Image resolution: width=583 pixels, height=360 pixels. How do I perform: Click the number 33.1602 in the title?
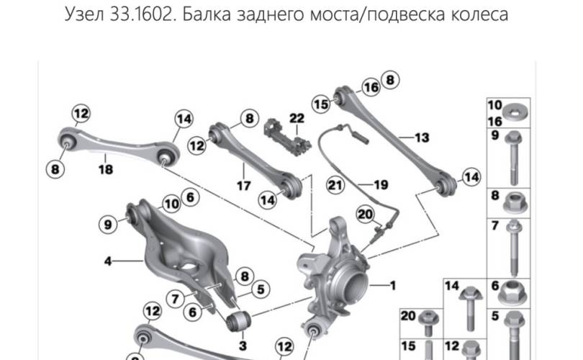[141, 14]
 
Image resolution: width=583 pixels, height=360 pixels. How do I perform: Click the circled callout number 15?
[321, 104]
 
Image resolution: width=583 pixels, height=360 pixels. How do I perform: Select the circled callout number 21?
[335, 185]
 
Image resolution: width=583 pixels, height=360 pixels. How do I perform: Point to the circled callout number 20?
[365, 215]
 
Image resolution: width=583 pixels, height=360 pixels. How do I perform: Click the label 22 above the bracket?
[297, 118]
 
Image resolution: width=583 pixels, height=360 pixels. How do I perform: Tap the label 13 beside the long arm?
[422, 138]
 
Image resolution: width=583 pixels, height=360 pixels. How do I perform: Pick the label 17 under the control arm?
[244, 185]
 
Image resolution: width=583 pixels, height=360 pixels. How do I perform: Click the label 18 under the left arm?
[106, 169]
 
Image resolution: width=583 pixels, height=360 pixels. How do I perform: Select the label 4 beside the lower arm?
[108, 261]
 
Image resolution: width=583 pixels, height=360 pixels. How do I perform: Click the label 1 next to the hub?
[393, 286]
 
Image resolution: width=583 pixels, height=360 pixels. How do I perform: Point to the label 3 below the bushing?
[243, 346]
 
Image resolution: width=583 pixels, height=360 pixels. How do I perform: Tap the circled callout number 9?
[108, 224]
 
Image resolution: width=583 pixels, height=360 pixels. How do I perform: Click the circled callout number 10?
[171, 204]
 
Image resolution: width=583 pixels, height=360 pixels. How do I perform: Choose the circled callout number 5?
[261, 289]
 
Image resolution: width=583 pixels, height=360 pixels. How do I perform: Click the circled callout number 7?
[175, 299]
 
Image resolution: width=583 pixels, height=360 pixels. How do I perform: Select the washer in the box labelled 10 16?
[515, 112]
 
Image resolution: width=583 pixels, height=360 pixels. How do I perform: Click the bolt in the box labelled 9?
[514, 158]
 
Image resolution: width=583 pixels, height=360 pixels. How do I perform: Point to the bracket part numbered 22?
[287, 138]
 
